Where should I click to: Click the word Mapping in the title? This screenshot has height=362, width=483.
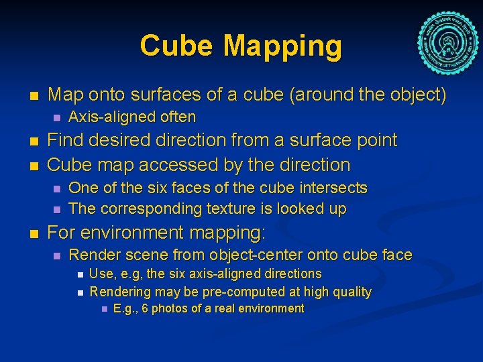pos(282,46)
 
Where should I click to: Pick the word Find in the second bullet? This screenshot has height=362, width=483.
pos(66,140)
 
